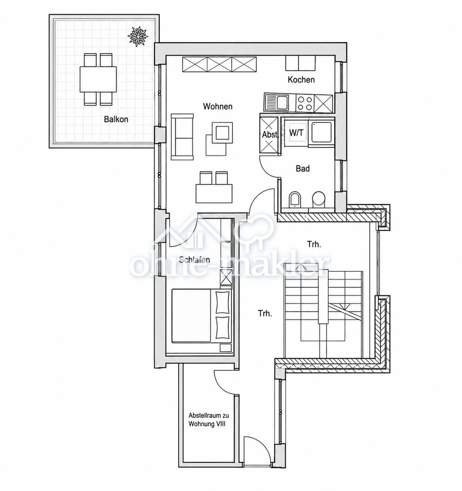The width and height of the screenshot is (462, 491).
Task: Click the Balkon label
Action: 116,119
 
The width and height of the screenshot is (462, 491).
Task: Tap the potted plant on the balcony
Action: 137,36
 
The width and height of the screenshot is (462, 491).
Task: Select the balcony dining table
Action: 98,79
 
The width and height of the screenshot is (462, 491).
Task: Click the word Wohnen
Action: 218,106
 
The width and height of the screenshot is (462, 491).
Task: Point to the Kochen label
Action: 301,80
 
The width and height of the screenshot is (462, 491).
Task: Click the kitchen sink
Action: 276,102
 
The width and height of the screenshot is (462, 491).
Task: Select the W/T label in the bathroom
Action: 296,133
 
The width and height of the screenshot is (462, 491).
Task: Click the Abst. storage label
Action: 270,135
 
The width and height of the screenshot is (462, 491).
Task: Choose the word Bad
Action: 303,169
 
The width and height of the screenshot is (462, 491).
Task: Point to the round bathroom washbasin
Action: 319,199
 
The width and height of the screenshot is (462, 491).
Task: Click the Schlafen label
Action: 195,260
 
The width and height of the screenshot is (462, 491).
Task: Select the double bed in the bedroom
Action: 201,316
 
